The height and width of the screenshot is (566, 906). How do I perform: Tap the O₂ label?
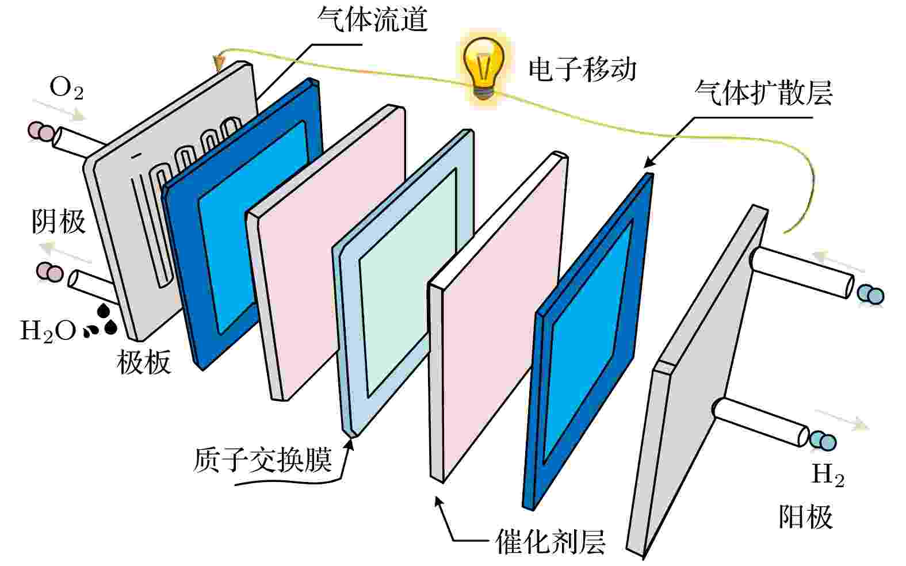coord(66,88)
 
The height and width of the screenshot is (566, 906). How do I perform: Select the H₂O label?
coord(48,331)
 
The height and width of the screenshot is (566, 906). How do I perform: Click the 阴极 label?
coord(59,221)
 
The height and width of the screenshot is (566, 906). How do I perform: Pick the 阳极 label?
coord(806,517)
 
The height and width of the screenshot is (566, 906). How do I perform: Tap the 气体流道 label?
coord(372,19)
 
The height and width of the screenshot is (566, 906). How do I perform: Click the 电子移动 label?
coord(582,70)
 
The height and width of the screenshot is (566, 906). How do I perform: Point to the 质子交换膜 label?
coord(262,460)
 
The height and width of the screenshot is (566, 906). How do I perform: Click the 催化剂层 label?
coord(551,542)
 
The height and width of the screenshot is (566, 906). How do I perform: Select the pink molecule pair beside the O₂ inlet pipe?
coord(41,132)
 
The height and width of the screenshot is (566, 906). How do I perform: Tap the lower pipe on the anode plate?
coord(760,422)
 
